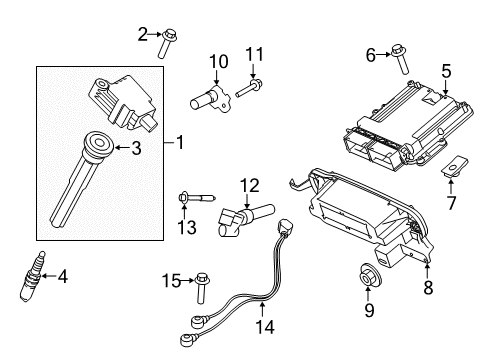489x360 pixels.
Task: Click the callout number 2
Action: tap(142, 36)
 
